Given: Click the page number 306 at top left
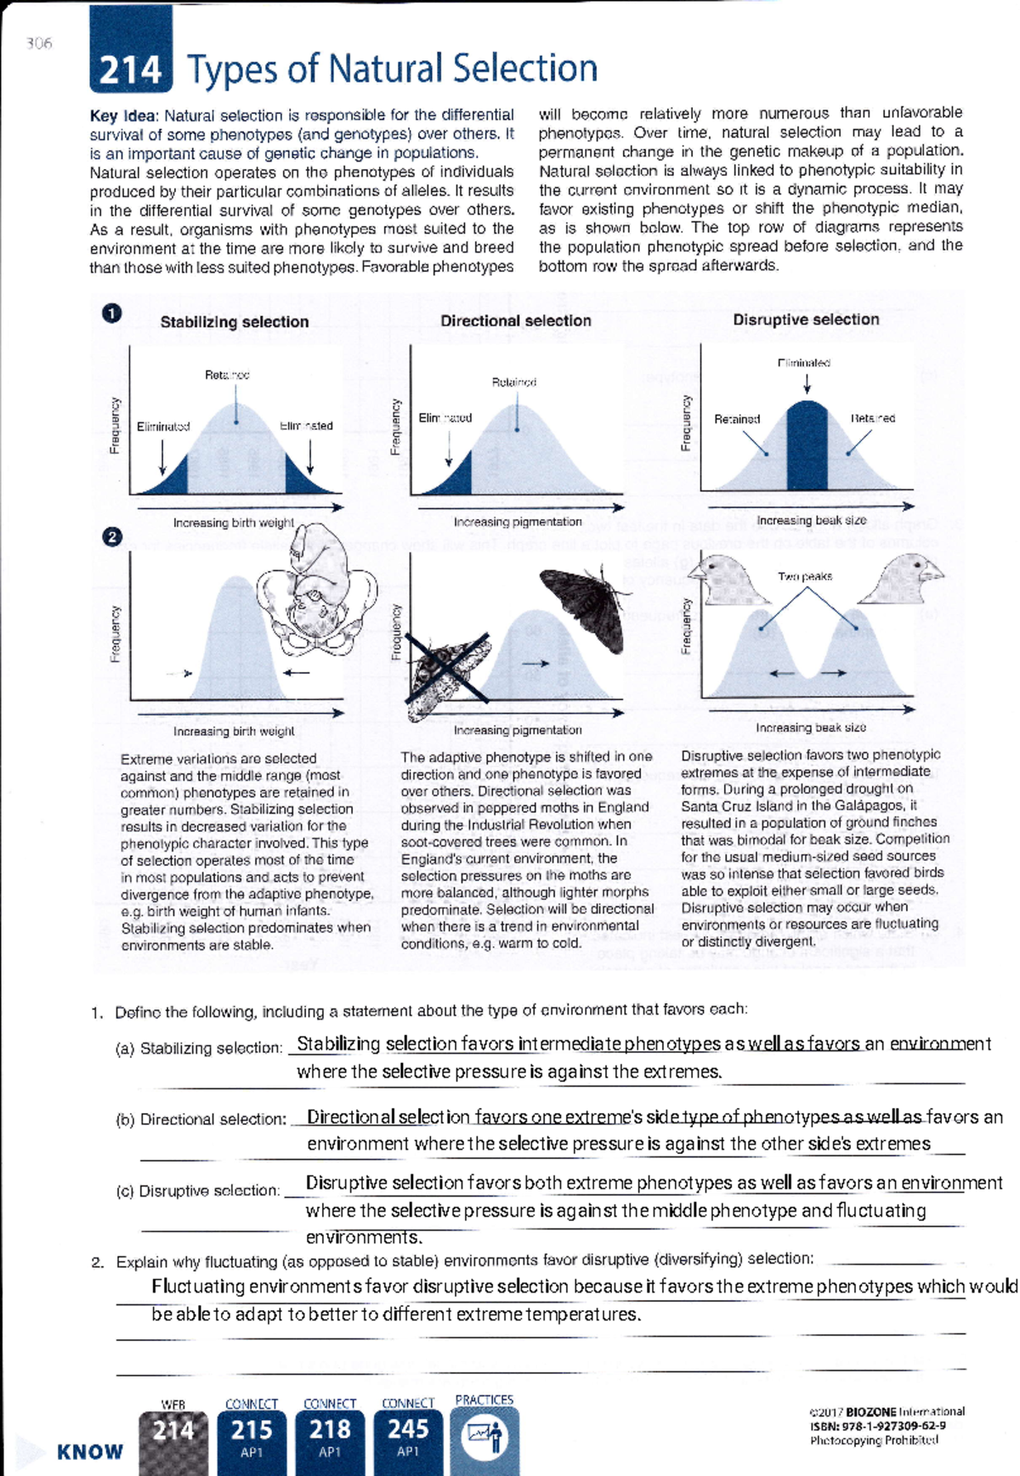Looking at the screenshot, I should [39, 43].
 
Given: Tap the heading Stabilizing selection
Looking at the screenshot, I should [234, 322].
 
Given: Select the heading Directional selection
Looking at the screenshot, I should [515, 320].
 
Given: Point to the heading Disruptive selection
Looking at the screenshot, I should [805, 320].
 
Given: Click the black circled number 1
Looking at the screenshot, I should [111, 314].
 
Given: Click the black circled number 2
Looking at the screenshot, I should [111, 537].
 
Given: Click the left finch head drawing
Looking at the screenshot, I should [729, 580].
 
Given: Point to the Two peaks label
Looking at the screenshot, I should [804, 576].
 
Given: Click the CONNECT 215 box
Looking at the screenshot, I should [252, 1438].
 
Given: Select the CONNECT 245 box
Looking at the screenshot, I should [408, 1438].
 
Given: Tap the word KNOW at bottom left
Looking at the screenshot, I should [90, 1451].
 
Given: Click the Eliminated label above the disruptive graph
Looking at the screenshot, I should [803, 363].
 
